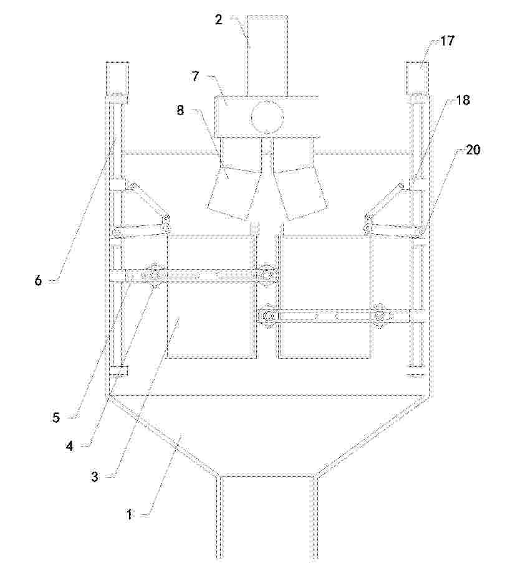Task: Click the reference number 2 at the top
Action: click(219, 20)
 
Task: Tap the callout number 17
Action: click(447, 41)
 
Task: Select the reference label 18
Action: click(463, 100)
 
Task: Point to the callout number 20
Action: click(473, 149)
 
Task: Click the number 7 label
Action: click(196, 77)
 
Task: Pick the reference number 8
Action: click(180, 110)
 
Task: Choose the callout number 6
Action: click(38, 280)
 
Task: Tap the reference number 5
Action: click(56, 418)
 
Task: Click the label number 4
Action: click(69, 446)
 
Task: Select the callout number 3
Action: click(94, 477)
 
